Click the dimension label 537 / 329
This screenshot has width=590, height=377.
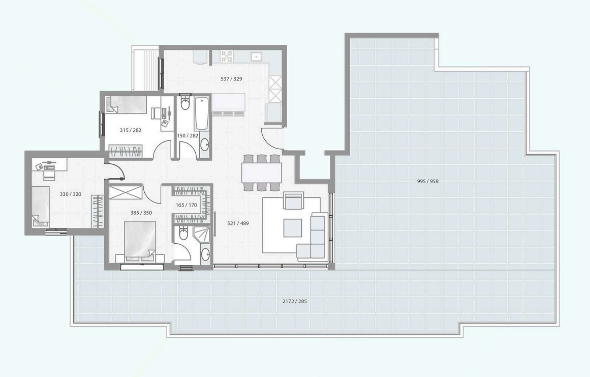pyautogui.click(x=231, y=79)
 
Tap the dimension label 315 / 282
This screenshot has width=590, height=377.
pyautogui.click(x=130, y=130)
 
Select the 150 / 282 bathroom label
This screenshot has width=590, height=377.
pyautogui.click(x=188, y=135)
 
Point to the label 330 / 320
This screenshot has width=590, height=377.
pyautogui.click(x=70, y=194)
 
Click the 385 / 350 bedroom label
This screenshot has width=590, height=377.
pyautogui.click(x=141, y=213)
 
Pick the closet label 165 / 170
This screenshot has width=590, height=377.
pyautogui.click(x=187, y=205)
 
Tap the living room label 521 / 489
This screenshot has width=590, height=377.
pyautogui.click(x=238, y=223)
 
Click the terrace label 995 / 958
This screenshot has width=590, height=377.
pyautogui.click(x=428, y=181)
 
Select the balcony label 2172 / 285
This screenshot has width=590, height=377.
pyautogui.click(x=294, y=301)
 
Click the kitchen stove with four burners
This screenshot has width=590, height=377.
pyautogui.click(x=227, y=56)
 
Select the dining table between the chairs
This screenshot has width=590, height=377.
pyautogui.click(x=262, y=173)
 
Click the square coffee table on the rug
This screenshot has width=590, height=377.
pyautogui.click(x=293, y=228)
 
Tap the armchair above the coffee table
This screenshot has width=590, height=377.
pyautogui.click(x=294, y=201)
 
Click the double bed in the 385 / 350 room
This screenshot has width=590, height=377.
pyautogui.click(x=140, y=241)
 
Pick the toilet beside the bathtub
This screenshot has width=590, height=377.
pyautogui.click(x=185, y=102)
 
